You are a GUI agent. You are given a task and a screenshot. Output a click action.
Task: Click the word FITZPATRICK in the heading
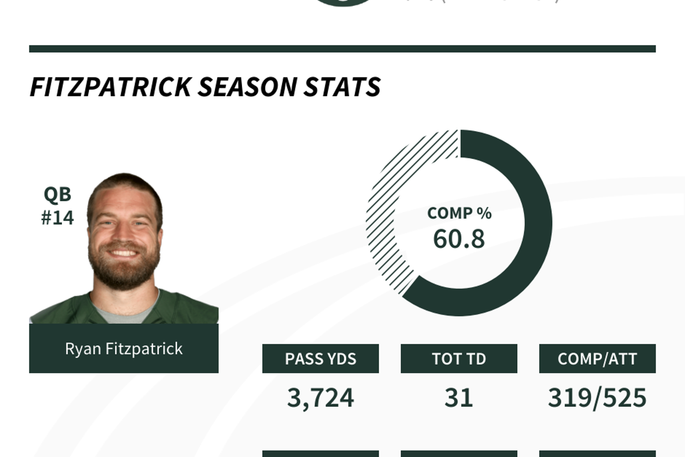110,87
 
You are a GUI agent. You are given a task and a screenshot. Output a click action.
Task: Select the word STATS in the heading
342,87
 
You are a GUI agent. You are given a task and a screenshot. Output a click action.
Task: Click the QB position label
57,194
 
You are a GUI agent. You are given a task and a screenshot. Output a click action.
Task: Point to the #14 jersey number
57,218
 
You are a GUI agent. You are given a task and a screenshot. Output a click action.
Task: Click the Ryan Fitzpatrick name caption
124,348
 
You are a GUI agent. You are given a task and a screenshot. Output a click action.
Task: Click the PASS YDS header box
321,359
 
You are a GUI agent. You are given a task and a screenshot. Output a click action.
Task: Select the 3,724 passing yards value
321,398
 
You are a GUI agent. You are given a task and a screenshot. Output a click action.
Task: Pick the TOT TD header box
459,359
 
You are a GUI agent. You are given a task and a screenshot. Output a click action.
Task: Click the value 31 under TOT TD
459,398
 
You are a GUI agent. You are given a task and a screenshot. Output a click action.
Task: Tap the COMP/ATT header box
597,359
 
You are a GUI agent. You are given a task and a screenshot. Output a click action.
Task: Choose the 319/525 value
597,398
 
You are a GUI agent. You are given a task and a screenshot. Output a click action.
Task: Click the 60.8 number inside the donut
459,239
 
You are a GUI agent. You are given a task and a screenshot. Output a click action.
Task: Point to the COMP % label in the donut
459,213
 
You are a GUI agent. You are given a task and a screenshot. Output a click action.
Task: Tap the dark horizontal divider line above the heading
342,49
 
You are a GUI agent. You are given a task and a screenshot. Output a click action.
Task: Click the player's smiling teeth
124,252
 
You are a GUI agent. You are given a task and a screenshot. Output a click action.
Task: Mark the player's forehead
124,198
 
